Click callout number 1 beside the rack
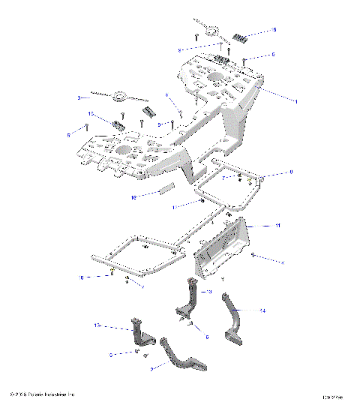coord(274,100)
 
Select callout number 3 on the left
coord(79,97)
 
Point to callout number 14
coord(262,309)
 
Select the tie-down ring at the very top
coord(209,30)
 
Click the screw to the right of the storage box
coord(256,256)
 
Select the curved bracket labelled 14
coord(232,315)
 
